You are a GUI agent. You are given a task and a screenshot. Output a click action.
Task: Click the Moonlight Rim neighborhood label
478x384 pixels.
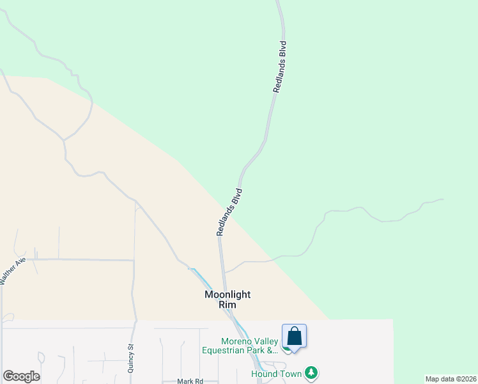click(227, 300)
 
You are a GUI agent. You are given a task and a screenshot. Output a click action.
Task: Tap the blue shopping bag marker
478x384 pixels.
click(294, 337)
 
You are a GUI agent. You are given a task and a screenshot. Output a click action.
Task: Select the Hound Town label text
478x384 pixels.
click(277, 373)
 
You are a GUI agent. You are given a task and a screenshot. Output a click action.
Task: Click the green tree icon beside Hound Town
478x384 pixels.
click(311, 372)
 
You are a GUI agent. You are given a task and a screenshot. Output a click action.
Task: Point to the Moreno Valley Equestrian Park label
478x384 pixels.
click(240, 345)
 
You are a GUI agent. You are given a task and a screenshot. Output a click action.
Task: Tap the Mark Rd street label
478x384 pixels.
click(190, 381)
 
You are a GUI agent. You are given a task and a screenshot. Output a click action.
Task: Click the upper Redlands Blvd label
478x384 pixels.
click(279, 68)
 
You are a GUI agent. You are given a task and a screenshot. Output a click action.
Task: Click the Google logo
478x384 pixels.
click(21, 376)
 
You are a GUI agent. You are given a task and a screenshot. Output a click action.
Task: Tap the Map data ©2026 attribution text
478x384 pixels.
click(451, 379)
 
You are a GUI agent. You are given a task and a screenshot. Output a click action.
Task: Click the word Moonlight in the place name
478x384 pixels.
click(227, 294)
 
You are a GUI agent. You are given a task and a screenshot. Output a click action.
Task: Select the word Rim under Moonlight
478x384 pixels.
click(227, 305)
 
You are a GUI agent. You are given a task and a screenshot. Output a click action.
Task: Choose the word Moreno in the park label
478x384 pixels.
click(217, 340)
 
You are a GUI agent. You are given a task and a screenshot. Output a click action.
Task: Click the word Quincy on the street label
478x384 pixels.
click(131, 354)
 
